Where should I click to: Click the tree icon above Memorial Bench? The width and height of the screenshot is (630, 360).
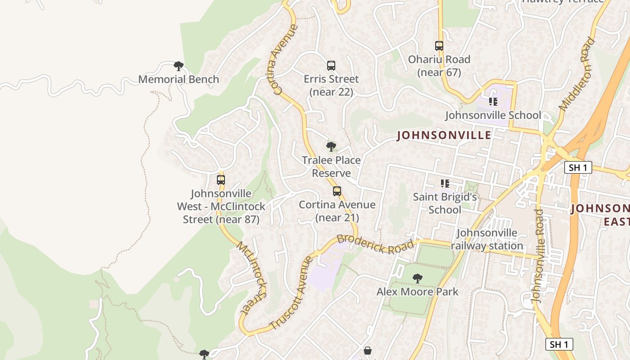(x=179, y=66)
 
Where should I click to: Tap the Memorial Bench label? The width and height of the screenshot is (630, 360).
(x=179, y=79)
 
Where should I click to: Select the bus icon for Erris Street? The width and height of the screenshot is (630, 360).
(x=331, y=66)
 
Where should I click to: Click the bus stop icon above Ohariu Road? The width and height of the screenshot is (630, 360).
(x=439, y=46)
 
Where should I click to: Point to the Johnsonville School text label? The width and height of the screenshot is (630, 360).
(x=493, y=115)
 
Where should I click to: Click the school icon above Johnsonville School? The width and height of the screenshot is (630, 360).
(x=493, y=102)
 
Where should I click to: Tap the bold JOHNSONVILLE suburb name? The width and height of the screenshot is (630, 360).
(x=444, y=135)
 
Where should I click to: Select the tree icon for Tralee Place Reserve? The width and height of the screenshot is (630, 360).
(x=331, y=146)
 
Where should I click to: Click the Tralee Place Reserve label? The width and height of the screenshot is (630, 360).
(x=331, y=166)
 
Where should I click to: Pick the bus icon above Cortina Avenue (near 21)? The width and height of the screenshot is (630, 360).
(x=337, y=191)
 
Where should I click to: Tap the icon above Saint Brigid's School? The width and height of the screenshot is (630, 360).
(x=445, y=184)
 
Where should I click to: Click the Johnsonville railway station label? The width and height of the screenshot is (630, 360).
(x=487, y=239)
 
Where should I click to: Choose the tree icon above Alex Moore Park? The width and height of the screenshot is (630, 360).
(x=418, y=279)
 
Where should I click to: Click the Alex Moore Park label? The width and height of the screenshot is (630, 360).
(x=418, y=292)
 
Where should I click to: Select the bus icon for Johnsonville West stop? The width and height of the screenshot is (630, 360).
(x=221, y=180)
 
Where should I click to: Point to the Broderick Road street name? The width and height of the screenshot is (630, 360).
(x=375, y=244)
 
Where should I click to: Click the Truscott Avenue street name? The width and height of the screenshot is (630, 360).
(x=291, y=293)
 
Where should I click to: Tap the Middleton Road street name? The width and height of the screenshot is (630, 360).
(x=577, y=74)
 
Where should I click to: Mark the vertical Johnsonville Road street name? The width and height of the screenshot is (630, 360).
(x=538, y=256)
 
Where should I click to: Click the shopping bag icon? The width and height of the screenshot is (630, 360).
(x=368, y=351)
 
